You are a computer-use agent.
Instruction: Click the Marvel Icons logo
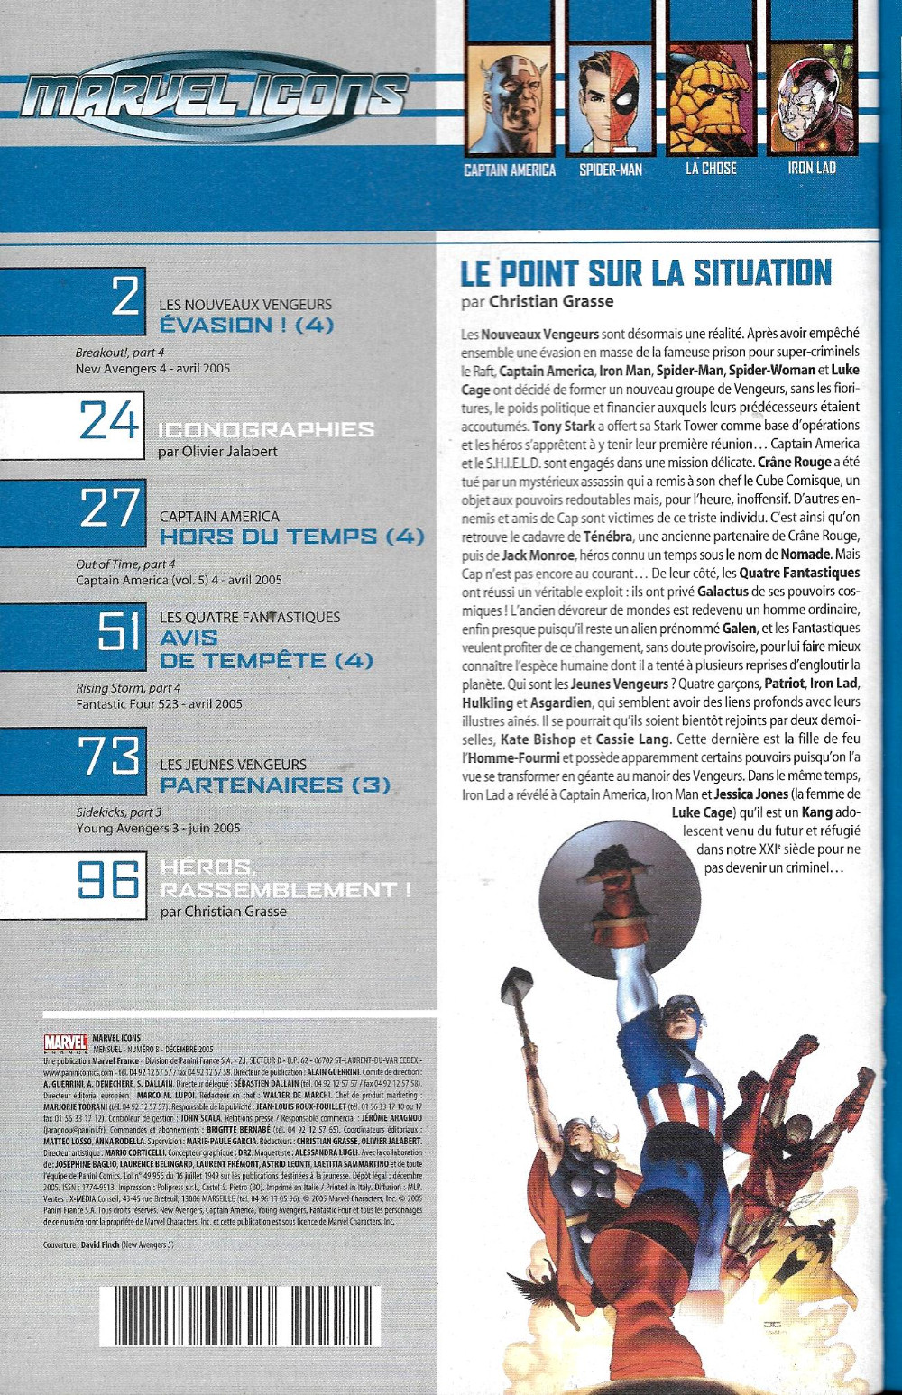[215, 95]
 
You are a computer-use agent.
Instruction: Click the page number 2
[125, 298]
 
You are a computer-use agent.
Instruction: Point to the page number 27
[110, 509]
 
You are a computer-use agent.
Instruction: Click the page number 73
[110, 757]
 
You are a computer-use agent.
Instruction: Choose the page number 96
[108, 880]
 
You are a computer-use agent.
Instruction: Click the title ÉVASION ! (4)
[246, 326]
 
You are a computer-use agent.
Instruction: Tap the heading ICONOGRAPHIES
[266, 429]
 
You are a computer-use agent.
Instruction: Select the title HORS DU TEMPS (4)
[291, 537]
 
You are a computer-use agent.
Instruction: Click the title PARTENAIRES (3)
[275, 785]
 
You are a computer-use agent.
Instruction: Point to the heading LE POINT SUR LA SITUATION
[646, 272]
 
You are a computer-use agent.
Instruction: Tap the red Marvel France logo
[66, 1043]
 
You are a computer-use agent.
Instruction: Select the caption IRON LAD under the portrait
[812, 168]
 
